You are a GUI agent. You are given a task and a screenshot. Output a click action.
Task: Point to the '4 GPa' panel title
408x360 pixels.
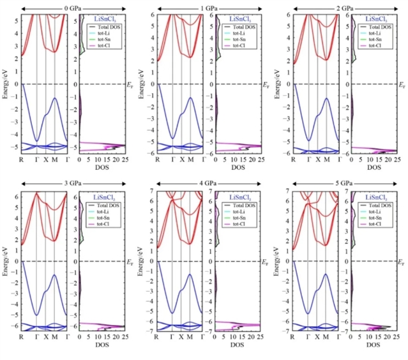point(204,183)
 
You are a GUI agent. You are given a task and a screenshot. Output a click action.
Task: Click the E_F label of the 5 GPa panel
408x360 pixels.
point(401,262)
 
